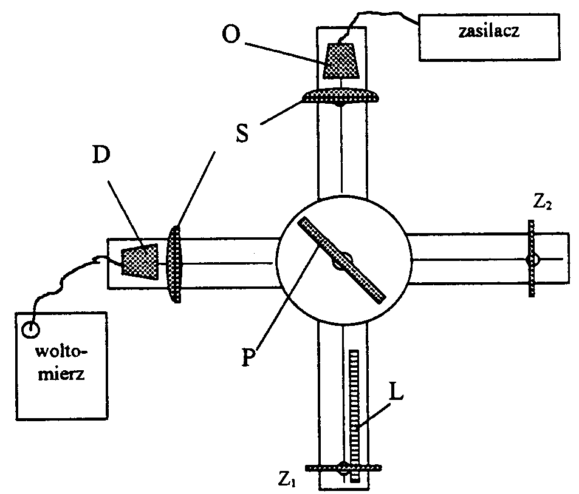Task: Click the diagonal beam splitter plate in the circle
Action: [341, 260]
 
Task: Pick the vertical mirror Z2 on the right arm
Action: [531, 259]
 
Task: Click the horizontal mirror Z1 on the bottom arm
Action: [343, 468]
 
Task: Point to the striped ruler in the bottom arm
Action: [355, 413]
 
